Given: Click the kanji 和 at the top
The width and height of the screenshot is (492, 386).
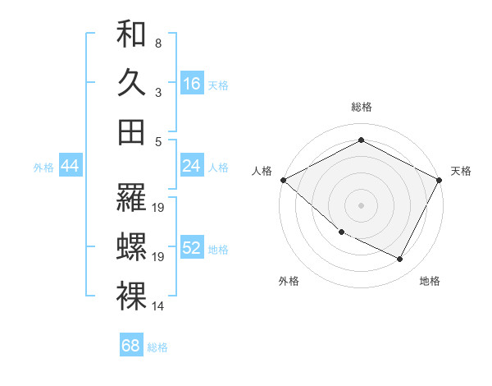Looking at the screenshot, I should [x=131, y=34].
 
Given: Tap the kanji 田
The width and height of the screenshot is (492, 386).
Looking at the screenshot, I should [x=131, y=131].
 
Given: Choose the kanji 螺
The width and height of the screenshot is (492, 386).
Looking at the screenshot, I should [x=131, y=247].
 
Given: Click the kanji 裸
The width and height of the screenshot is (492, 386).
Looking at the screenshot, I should [x=131, y=296].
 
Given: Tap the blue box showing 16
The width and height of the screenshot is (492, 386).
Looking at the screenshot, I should [x=192, y=84].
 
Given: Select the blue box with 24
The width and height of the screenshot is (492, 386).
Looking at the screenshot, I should [x=192, y=167].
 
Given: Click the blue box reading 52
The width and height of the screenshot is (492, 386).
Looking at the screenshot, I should [x=192, y=249].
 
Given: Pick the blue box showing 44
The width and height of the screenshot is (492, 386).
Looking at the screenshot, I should [x=70, y=167].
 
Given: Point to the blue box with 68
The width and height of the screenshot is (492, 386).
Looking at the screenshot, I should [x=131, y=346].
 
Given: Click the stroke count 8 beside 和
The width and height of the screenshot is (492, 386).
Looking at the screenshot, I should [x=157, y=43].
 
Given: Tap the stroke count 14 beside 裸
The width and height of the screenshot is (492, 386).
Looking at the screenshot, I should [x=159, y=306].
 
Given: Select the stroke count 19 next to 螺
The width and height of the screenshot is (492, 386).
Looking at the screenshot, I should [x=159, y=257].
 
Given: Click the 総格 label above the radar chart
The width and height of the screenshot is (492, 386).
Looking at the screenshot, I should [x=361, y=107].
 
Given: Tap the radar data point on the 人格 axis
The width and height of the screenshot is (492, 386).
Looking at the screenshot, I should [x=283, y=180].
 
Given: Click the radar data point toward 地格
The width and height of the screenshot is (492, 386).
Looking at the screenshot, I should [x=400, y=260].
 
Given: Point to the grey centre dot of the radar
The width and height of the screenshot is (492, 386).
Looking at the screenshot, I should [x=361, y=204].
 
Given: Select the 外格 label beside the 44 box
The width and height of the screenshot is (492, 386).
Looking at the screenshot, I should [x=43, y=168].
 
